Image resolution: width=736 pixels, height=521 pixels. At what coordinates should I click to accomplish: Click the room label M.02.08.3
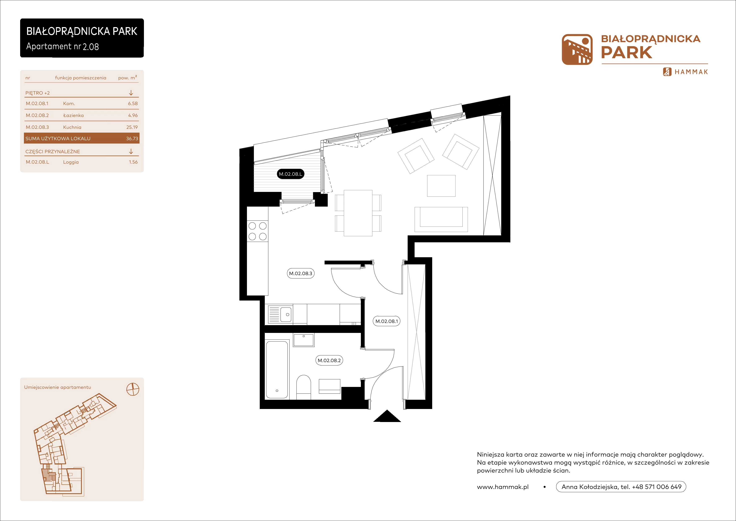click(300, 273)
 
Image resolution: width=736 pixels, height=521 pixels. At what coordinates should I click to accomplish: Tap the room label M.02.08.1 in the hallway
click(387, 321)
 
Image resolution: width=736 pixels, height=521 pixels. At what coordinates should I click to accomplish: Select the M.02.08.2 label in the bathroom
click(329, 360)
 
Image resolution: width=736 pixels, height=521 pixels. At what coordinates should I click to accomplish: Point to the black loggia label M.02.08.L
click(290, 174)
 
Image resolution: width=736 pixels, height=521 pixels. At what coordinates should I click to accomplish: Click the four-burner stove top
click(257, 231)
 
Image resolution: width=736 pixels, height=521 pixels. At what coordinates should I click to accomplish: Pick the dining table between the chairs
click(358, 213)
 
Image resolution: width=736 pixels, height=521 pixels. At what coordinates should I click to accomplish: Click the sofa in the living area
click(441, 219)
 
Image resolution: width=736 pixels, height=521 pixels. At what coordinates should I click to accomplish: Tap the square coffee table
click(441, 186)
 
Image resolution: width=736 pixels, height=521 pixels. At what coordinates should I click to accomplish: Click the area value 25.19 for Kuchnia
click(132, 127)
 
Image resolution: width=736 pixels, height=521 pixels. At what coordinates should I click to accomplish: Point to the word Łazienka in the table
click(73, 115)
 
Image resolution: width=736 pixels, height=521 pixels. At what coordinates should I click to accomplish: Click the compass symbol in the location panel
click(133, 389)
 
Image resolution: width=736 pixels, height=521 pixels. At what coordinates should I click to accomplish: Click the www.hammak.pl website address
click(503, 487)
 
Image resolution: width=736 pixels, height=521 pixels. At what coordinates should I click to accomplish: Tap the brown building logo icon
click(577, 49)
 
